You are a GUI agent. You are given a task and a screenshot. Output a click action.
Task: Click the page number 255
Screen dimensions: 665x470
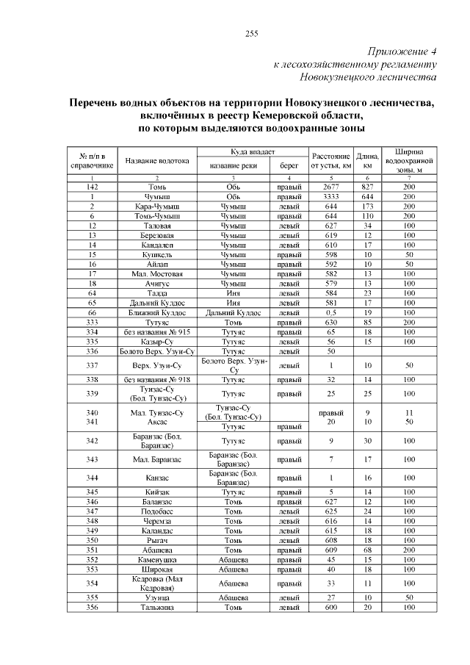(x=250, y=34)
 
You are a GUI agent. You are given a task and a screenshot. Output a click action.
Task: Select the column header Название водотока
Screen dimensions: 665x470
(x=157, y=161)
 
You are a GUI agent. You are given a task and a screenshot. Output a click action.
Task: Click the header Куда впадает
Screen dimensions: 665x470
(x=252, y=151)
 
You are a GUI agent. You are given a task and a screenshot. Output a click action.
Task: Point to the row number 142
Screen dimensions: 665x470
(x=93, y=187)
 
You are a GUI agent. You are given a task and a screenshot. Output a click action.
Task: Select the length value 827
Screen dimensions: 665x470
(x=367, y=187)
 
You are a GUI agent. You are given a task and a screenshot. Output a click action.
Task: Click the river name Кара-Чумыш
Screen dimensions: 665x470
(x=157, y=207)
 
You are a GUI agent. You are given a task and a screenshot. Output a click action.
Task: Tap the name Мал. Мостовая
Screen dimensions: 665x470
(x=157, y=273)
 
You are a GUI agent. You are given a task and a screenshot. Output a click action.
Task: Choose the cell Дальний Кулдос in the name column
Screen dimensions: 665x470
(x=157, y=302)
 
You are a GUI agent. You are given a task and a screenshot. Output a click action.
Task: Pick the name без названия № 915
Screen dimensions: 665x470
(x=157, y=331)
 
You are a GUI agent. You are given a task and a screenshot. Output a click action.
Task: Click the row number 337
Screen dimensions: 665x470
(x=93, y=365)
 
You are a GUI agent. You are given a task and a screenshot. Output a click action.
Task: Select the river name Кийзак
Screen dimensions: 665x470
(x=157, y=492)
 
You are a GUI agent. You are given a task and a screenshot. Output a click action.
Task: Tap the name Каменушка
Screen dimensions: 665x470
(x=157, y=558)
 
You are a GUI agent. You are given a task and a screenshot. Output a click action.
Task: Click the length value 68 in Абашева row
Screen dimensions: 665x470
(x=367, y=549)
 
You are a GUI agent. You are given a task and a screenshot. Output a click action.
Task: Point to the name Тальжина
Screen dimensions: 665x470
(x=157, y=607)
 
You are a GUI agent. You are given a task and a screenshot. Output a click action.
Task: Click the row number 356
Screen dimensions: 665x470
(x=93, y=607)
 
